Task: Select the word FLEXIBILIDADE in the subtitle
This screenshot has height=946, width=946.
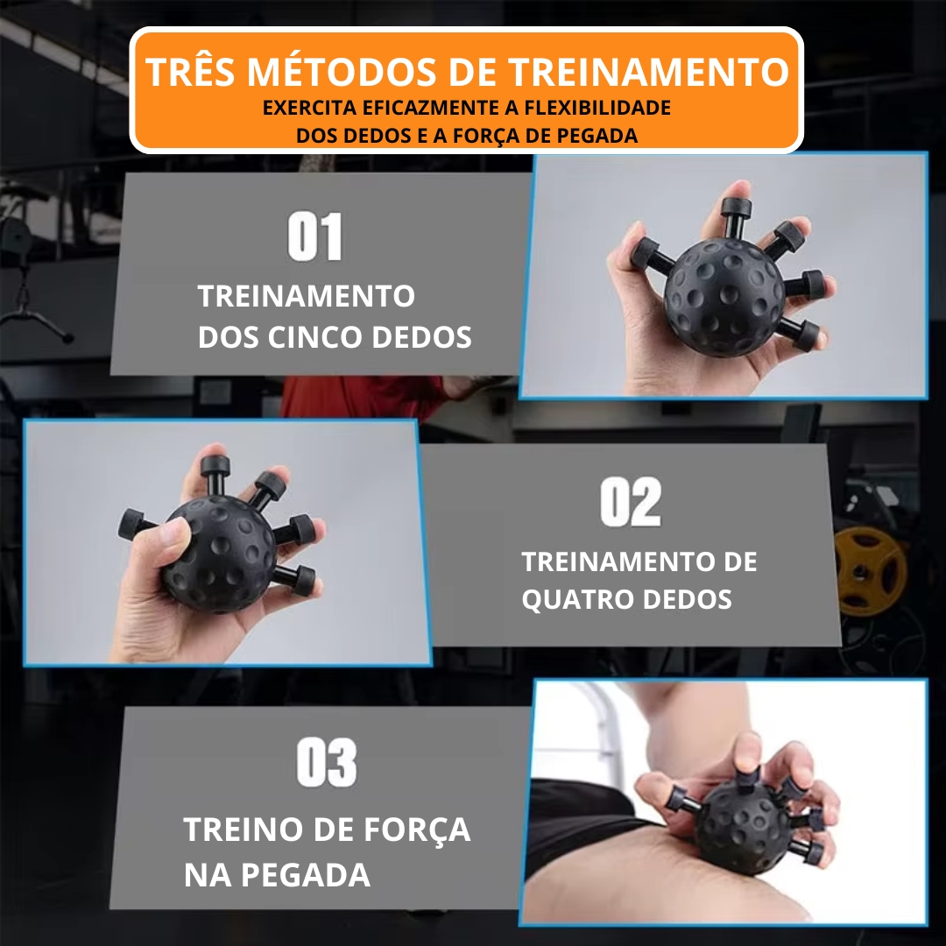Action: pyautogui.click(x=597, y=108)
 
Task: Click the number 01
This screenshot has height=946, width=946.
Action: pyautogui.click(x=315, y=236)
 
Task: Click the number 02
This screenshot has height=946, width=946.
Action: pyautogui.click(x=631, y=502)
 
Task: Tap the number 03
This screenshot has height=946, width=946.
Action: pyautogui.click(x=327, y=762)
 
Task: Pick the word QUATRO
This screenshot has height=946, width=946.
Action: pyautogui.click(x=577, y=600)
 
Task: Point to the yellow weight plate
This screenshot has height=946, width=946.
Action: pyautogui.click(x=870, y=571)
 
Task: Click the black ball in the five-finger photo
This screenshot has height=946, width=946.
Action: pyautogui.click(x=724, y=296)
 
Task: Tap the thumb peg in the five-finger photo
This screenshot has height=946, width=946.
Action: pyautogui.click(x=650, y=255)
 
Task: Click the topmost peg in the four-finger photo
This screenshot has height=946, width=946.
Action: pyautogui.click(x=215, y=476)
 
